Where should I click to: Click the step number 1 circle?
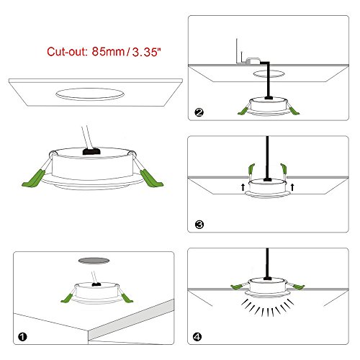[22, 337]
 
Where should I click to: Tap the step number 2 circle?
[199, 112]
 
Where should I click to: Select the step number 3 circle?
[199, 225]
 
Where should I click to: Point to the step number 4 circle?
[197, 337]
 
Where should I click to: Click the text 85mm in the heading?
[108, 51]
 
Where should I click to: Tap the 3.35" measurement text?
[146, 52]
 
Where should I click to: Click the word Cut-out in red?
[67, 52]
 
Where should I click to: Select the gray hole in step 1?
[94, 261]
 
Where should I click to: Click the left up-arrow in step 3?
[243, 187]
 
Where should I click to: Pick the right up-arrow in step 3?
[292, 187]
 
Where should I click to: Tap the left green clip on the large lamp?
[34, 179]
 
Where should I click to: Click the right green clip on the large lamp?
[151, 178]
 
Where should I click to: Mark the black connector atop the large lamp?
[91, 151]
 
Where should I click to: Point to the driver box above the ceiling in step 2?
[253, 60]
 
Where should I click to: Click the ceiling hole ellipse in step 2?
[269, 73]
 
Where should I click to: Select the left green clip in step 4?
[237, 287]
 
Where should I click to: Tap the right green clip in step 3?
[284, 168]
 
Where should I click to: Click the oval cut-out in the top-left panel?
[90, 94]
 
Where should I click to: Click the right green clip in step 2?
[294, 111]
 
